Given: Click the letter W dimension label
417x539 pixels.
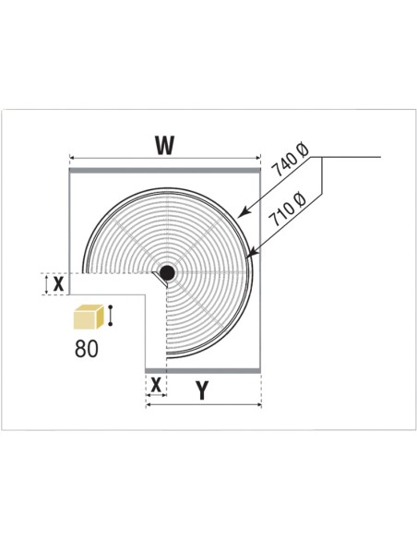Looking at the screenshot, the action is tap(165, 145).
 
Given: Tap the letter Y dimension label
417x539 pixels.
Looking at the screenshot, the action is tap(203, 390).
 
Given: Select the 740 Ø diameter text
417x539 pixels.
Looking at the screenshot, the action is tap(290, 160).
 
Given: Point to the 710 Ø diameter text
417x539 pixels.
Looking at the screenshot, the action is tap(287, 210).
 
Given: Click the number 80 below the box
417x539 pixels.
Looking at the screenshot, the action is tap(86, 349).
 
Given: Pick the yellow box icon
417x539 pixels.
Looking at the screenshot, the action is tap(89, 317).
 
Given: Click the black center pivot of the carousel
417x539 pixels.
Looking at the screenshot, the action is tap(167, 272).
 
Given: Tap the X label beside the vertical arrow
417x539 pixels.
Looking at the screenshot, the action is tap(58, 284).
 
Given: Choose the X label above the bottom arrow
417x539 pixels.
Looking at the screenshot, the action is tap(156, 385).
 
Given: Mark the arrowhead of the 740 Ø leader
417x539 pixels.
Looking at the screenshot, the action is tap(241, 214).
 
